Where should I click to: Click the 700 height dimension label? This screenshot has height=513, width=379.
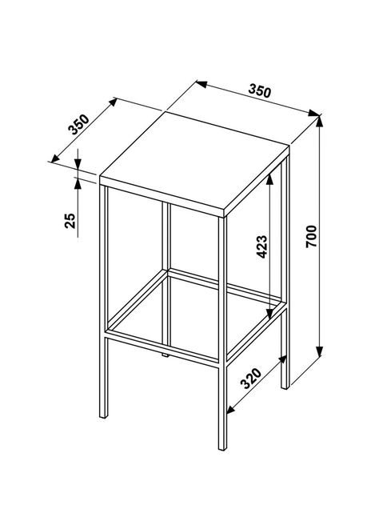pos(311,236)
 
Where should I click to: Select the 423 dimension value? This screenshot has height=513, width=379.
pos(262,246)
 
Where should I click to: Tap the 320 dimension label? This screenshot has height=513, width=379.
pos(251,379)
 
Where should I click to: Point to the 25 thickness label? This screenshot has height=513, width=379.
pos(70,221)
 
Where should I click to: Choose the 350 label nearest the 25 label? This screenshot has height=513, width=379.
pos(78,125)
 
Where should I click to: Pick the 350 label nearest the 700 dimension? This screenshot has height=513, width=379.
pos(260,91)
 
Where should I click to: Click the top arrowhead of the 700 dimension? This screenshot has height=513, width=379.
pos(320,122)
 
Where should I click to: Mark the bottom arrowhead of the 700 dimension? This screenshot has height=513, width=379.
pos(320,351)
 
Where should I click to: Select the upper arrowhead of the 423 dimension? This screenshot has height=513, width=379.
pos(269,180)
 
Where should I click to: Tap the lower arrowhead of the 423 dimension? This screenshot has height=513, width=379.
pos(269,314)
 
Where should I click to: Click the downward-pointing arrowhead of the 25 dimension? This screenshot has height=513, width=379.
pos(78,163)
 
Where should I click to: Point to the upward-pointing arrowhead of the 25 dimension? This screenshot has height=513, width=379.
pos(78,183)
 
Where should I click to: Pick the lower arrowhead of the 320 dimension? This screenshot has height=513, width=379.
pos(232,408)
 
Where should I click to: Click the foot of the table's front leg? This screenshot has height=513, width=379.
pos(222,447)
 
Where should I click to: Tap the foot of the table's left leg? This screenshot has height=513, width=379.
pos(103,415)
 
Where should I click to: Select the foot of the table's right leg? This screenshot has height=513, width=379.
pos(285,387)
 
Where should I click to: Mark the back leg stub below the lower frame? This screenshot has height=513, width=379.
pos(166,355)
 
